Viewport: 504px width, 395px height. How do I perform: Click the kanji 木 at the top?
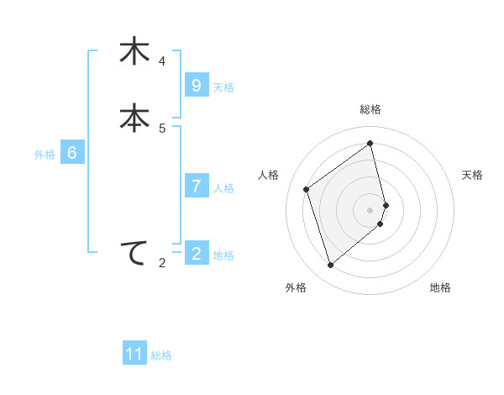[134, 51]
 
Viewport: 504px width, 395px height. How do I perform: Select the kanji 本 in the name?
[134, 118]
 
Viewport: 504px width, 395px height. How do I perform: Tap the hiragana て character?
[134, 253]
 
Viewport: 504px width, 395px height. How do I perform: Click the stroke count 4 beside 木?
[162, 61]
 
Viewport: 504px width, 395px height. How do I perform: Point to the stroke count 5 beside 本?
[162, 129]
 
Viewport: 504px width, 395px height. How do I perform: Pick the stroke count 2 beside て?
[162, 264]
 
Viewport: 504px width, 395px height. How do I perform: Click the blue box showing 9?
[196, 85]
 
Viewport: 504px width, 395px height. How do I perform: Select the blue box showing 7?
[196, 186]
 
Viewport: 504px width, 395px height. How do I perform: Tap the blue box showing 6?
[72, 153]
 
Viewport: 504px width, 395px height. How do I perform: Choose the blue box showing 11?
[134, 353]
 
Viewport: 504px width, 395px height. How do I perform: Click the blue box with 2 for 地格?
[196, 253]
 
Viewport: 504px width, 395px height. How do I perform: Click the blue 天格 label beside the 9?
[223, 87]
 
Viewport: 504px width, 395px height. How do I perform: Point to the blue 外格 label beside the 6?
[45, 155]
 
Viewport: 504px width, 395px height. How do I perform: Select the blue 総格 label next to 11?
[161, 355]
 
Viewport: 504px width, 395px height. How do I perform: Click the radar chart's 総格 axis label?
[370, 109]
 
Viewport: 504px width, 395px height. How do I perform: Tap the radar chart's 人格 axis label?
[269, 175]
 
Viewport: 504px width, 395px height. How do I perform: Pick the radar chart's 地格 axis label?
[440, 288]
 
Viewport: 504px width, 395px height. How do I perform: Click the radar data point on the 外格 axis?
[330, 266]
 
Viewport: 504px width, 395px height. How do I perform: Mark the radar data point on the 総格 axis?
[370, 143]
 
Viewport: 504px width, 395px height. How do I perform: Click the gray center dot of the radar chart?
[370, 209]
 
